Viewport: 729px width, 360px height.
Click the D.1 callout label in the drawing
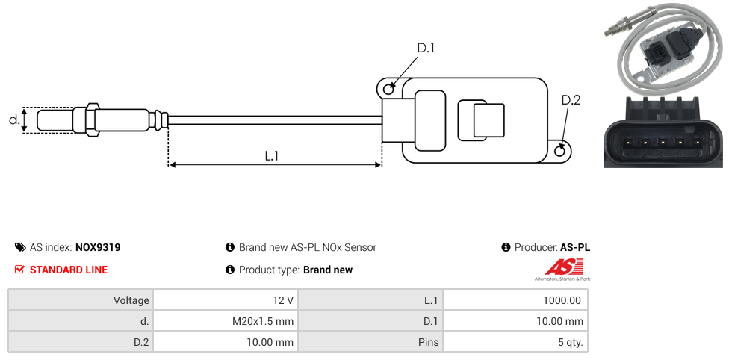[x=425, y=49]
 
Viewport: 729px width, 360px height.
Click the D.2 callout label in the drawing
[x=570, y=101]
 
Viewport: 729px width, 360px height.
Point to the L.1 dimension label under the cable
[x=272, y=156]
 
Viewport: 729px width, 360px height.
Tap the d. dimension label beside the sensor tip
[x=13, y=120]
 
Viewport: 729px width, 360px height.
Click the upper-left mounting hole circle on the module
[x=388, y=90]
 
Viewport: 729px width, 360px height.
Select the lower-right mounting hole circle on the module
[x=561, y=152]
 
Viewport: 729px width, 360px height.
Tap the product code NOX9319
[x=98, y=247]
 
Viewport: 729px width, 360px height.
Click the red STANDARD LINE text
[x=68, y=270]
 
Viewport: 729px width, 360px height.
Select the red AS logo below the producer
[x=558, y=267]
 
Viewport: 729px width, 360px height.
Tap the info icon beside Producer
[x=506, y=247]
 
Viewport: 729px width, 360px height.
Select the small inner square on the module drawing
[x=488, y=120]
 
